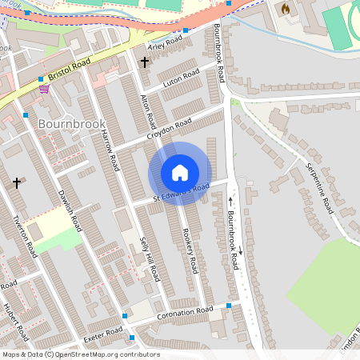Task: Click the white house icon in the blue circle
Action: pos(180,172)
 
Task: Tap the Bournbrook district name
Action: pos(71,124)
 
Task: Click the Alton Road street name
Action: pos(148,111)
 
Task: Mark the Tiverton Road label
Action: pos(26,237)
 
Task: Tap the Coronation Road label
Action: pos(187,313)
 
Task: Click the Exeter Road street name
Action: pos(102,330)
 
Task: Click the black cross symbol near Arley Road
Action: pos(145,62)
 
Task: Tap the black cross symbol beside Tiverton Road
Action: pos(17,183)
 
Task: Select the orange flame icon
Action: pos(284,9)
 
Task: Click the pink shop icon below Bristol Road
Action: pos(44,89)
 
